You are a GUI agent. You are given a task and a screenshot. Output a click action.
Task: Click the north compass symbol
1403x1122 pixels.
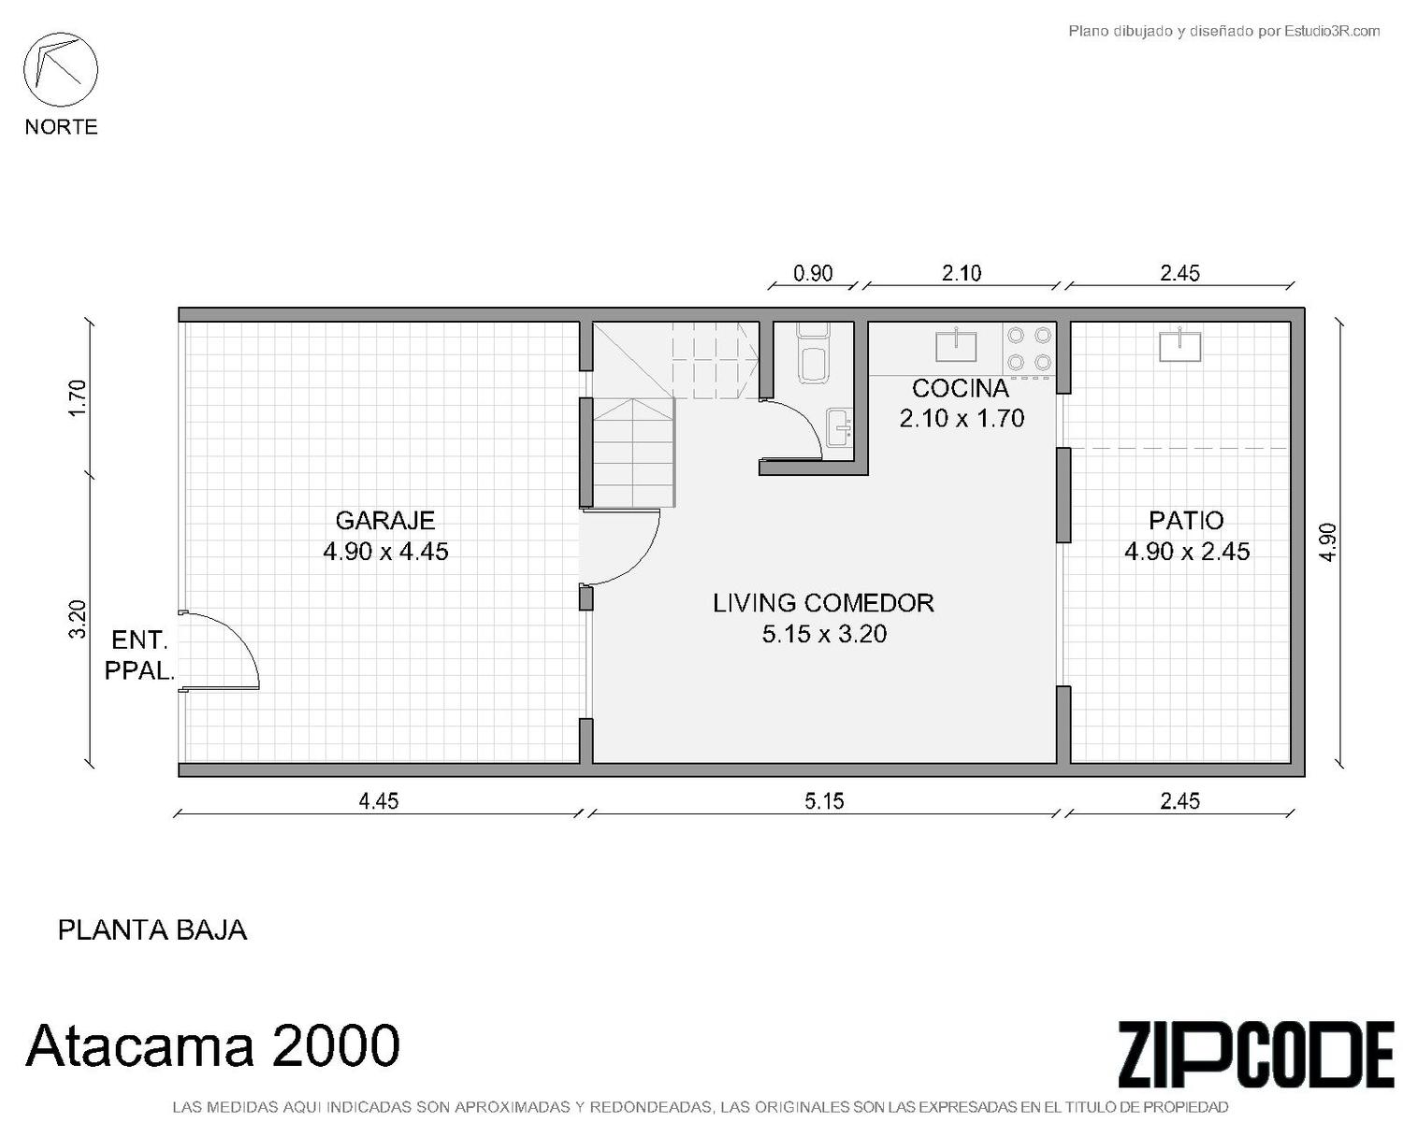coord(61,69)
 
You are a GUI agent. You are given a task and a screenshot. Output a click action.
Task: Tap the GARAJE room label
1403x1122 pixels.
coord(384,520)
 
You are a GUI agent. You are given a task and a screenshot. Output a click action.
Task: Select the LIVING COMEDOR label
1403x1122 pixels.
coord(823,603)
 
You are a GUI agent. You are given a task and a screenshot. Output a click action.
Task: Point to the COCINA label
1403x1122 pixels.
coord(960,389)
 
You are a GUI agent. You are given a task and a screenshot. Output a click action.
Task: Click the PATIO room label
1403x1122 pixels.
coord(1186,520)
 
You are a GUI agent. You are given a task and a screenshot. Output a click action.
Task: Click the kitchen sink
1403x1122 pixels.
coord(956,345)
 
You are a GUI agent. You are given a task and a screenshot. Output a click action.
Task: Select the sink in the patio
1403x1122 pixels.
coord(1179,345)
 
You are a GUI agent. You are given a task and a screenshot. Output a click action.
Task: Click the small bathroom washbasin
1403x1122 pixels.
coord(838,427)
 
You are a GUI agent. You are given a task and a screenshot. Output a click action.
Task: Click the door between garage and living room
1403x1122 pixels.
coord(620,547)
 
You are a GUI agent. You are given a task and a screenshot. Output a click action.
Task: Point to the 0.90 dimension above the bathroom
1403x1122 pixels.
coord(812,273)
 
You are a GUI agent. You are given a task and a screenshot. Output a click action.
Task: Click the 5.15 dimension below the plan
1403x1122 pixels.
coord(823,801)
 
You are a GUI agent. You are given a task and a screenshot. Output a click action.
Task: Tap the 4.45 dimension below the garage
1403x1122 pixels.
coord(378,801)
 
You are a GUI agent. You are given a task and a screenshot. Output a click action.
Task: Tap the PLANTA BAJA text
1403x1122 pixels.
coord(152,930)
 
